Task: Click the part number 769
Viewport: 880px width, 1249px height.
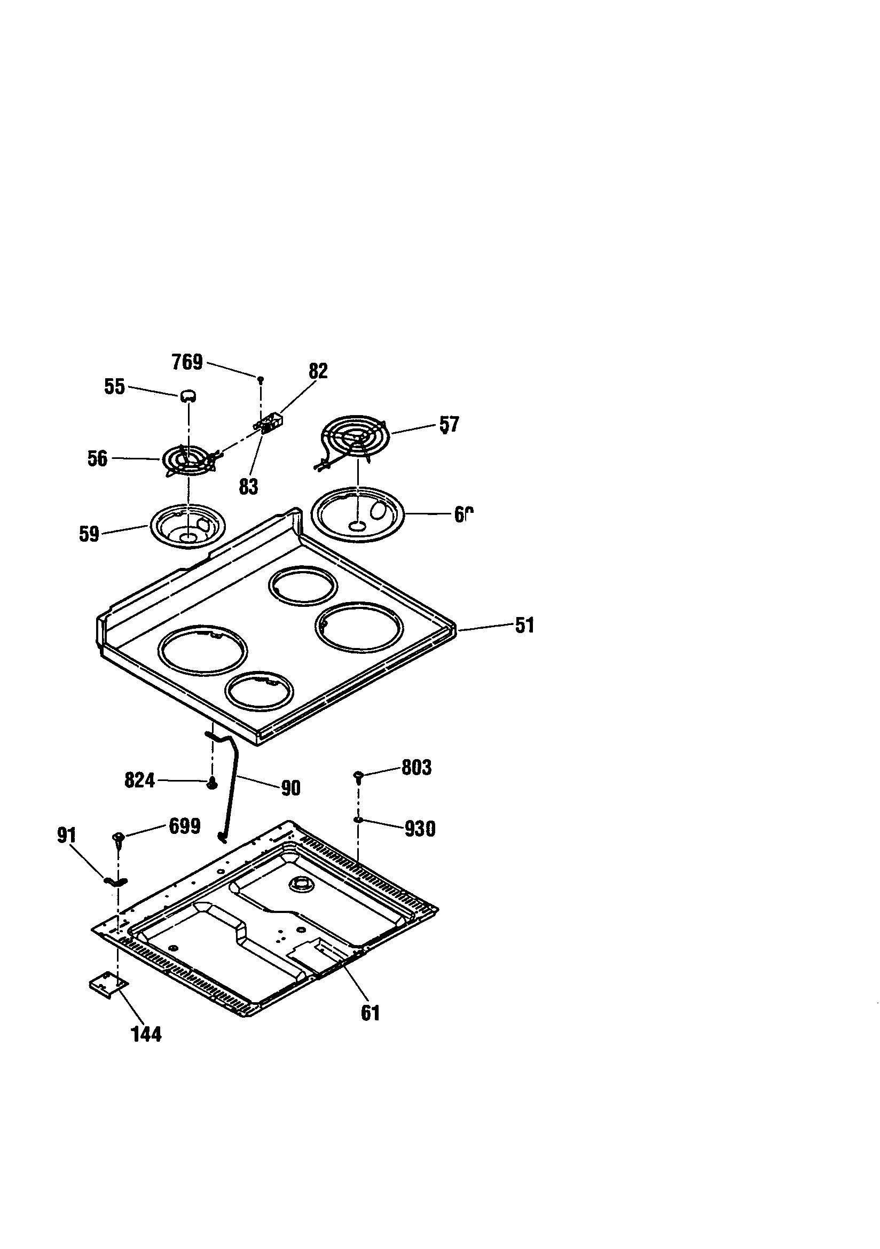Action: pyautogui.click(x=187, y=362)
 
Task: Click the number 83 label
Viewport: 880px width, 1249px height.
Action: pyautogui.click(x=248, y=486)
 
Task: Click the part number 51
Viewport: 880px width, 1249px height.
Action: pyautogui.click(x=524, y=625)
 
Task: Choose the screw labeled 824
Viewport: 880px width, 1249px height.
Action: pyautogui.click(x=212, y=783)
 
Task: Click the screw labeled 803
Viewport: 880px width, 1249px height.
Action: pyautogui.click(x=358, y=775)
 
